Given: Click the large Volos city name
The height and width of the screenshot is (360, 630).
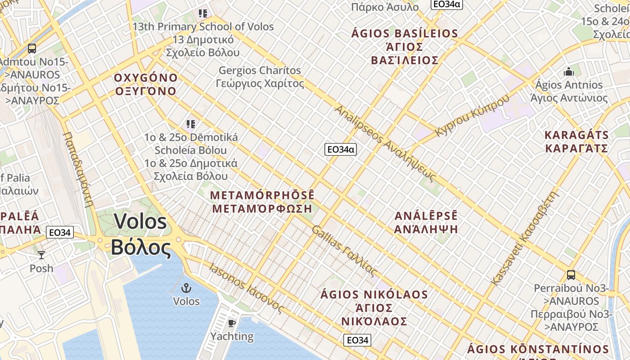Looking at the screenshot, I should tap(141, 234).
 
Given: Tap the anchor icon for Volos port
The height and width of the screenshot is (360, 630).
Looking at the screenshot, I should tap(186, 288).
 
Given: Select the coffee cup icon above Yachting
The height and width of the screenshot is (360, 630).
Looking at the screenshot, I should tap(232, 323).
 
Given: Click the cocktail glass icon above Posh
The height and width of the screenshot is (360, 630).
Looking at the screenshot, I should tap(41, 255).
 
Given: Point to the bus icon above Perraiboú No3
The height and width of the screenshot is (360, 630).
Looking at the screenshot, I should tap(571, 274).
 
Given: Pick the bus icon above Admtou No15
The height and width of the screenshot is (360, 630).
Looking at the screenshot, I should tap(31, 49).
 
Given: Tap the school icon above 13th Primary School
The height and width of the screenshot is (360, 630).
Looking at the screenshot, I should tap(203, 13).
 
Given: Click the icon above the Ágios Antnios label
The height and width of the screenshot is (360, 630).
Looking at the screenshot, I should tap(569, 72).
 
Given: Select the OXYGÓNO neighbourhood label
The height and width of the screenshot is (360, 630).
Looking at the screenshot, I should tap(146, 84).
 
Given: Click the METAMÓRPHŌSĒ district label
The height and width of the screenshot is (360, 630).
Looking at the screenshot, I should tap(262, 202).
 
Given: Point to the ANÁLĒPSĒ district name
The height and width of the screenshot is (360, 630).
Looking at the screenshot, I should tap(426, 222).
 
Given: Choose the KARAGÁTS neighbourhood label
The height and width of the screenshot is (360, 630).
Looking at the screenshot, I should tap(576, 142).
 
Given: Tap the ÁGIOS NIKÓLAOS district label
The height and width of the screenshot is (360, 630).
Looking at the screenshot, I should tap(374, 308).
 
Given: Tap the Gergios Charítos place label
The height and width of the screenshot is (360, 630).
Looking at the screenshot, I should tap(260, 77).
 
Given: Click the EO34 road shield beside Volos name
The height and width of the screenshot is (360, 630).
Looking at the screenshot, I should tap(60, 233).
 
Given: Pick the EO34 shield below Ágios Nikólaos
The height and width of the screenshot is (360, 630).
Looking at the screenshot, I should tap(357, 340).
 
